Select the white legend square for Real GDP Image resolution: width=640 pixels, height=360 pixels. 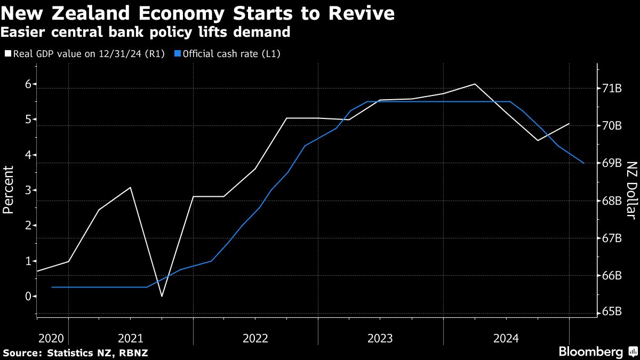8,54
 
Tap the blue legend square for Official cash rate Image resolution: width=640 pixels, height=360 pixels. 178,54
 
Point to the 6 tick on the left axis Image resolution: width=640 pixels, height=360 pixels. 27,84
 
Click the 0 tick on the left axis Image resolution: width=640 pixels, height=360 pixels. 27,297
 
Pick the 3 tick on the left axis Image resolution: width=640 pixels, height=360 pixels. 27,190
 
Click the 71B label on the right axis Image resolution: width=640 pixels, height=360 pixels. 612,89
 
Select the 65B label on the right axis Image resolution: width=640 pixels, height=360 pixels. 612,313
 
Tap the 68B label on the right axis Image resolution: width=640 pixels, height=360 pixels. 612,201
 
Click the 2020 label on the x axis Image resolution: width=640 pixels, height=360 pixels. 51,338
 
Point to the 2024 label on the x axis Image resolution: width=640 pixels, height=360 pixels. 506,338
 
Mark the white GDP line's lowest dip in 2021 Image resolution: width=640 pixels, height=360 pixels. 162,296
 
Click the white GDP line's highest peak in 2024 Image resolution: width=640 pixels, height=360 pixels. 475,84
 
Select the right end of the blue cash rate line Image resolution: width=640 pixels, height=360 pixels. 585,163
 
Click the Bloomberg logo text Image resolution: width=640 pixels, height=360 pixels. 590,352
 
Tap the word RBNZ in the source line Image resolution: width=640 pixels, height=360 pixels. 133,353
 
